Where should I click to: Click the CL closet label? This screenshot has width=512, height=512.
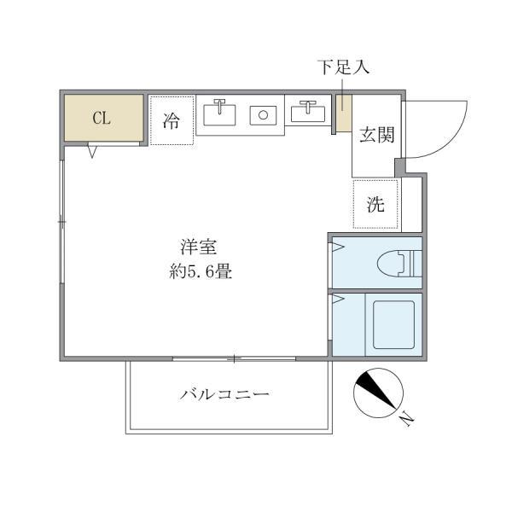(102, 119)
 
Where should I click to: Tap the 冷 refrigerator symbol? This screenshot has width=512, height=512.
(172, 120)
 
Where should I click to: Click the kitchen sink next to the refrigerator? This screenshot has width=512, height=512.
(220, 113)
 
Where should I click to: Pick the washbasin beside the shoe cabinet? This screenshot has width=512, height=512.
(307, 113)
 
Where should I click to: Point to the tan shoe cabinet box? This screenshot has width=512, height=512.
(343, 113)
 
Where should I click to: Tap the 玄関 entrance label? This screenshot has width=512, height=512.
(375, 135)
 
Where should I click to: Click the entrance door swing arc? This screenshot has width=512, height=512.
(444, 128)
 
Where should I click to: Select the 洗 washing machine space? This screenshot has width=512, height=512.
(376, 204)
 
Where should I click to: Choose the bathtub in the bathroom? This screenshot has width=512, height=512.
(393, 324)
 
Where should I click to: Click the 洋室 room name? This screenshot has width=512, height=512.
(200, 248)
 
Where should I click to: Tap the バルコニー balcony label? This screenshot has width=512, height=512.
(225, 394)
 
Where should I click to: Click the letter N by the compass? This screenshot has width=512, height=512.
(407, 418)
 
